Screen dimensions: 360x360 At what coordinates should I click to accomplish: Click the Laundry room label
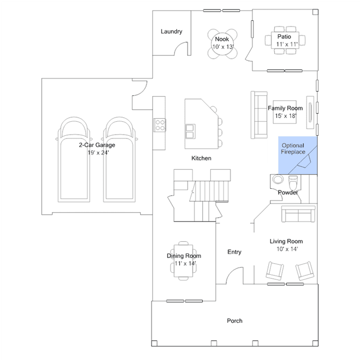coord(171,32)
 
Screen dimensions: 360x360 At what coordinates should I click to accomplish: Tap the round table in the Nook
coord(222,44)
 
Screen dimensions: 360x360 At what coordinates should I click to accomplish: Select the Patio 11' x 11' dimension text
coord(287,44)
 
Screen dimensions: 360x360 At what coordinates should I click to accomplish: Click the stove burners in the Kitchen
coord(160,125)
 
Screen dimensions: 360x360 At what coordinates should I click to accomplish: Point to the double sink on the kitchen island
coord(190,132)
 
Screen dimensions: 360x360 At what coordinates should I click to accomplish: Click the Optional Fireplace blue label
coord(293,149)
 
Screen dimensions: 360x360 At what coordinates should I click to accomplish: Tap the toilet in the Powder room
coord(293,182)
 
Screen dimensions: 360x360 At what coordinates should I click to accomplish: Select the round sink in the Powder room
coord(278,179)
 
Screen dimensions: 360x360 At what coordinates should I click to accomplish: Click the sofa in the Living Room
coord(298,214)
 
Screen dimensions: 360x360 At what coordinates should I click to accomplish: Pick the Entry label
coord(234,252)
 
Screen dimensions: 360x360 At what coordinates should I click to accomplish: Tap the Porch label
coord(234,321)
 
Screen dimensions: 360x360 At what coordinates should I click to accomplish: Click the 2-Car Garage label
coord(97,145)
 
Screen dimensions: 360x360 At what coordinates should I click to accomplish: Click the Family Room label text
coord(285,108)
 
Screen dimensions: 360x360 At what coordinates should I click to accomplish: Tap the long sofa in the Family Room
coord(259,115)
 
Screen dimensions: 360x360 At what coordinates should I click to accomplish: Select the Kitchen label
coord(201,158)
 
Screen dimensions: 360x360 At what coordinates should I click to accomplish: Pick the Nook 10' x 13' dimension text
coord(223,47)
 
